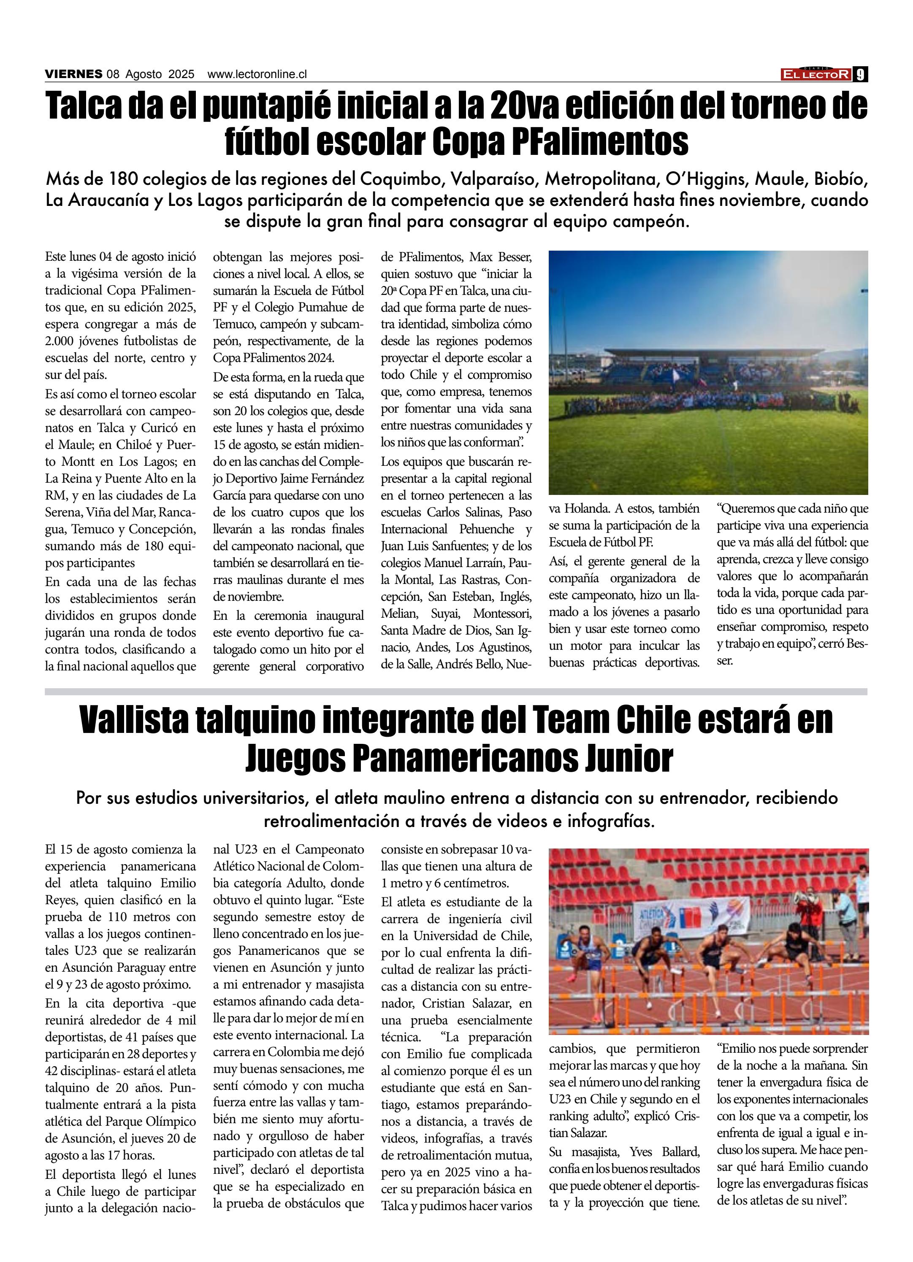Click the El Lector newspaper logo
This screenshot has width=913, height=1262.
coord(816,74)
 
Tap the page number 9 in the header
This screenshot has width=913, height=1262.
coord(861,74)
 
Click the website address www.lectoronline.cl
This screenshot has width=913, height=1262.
coord(257,74)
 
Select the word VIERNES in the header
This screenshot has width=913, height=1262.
coord(73,74)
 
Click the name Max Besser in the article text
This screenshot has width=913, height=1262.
coord(501,257)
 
